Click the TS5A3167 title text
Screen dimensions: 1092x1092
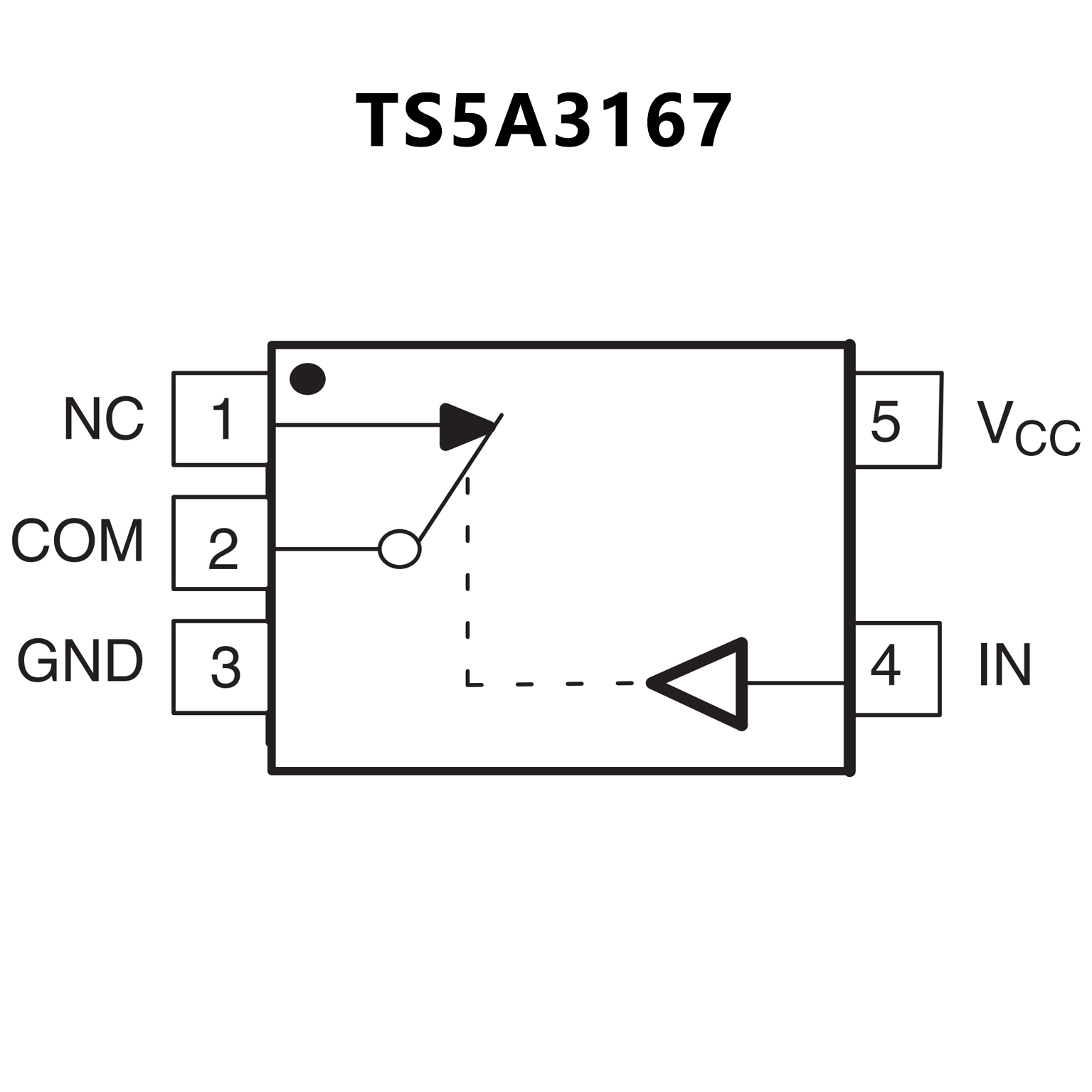pyautogui.click(x=544, y=121)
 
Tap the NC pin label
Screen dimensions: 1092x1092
pyautogui.click(x=104, y=419)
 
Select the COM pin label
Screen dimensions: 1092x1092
pyautogui.click(x=78, y=541)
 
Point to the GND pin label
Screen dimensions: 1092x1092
pyautogui.click(x=80, y=662)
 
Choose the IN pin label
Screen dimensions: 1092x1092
pyautogui.click(x=1004, y=665)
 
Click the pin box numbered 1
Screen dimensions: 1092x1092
pyautogui.click(x=221, y=419)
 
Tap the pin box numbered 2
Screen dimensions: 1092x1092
pyautogui.click(x=221, y=543)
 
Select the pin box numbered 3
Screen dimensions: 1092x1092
pyautogui.click(x=221, y=667)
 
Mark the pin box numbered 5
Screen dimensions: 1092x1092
pyautogui.click(x=898, y=420)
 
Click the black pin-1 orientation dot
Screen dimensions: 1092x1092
pyautogui.click(x=307, y=378)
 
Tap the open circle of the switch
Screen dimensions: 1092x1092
pyautogui.click(x=399, y=549)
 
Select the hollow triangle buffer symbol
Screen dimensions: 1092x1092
pyautogui.click(x=708, y=684)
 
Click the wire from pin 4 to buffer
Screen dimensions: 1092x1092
pyautogui.click(x=795, y=683)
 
